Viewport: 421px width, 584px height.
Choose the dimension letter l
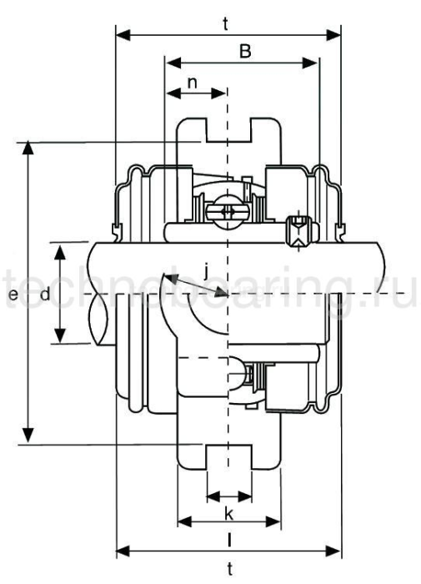click(228, 541)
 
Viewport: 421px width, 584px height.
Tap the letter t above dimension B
click(227, 24)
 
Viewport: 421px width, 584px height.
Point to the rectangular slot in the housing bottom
click(228, 458)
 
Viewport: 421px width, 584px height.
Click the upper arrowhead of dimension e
click(30, 147)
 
